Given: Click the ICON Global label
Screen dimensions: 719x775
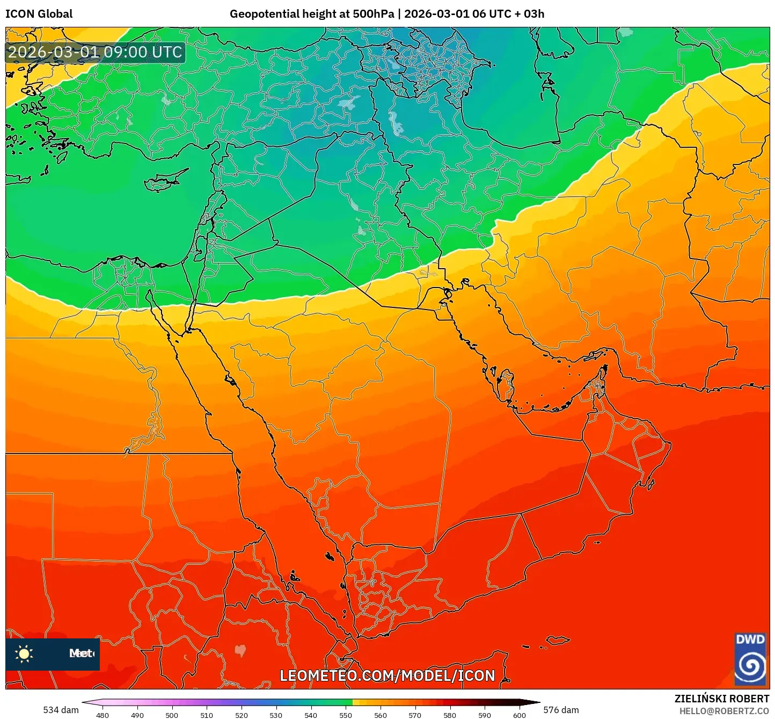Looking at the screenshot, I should (x=39, y=14).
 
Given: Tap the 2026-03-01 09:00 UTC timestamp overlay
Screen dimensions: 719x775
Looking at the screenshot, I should (x=95, y=53).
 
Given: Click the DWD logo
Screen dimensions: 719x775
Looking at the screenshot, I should (x=750, y=659).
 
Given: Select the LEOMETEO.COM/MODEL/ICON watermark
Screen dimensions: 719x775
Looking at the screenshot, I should (x=387, y=675).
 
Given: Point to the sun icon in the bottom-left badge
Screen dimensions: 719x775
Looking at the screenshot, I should (x=24, y=653).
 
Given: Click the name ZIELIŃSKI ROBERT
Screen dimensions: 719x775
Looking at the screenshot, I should (x=721, y=699).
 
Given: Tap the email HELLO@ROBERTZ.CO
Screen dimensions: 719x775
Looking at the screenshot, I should (x=724, y=711).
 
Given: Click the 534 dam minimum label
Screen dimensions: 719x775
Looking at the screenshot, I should (x=61, y=710).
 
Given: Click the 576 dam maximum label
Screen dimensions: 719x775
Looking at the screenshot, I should (x=561, y=710).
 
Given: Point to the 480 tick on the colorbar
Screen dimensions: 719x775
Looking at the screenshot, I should (x=102, y=715).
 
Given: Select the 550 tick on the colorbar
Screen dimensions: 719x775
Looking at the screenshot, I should (x=346, y=715).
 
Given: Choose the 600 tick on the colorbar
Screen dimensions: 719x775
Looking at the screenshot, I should (x=519, y=715).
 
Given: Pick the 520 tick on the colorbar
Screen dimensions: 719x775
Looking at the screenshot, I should (x=242, y=715).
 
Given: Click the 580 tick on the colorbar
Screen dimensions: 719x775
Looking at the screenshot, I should (x=450, y=715).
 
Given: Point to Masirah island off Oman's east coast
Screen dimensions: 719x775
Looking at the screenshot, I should (x=651, y=484).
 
